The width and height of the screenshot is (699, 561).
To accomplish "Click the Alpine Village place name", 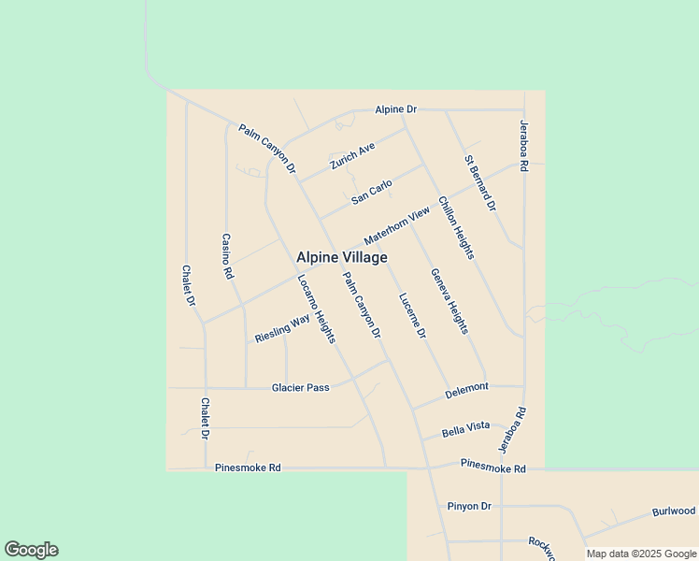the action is [342, 257].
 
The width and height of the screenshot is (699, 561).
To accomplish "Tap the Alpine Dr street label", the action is [395, 109].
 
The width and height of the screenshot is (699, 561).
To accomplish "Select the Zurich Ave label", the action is [352, 156].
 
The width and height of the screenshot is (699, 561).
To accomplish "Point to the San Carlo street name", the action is [372, 193].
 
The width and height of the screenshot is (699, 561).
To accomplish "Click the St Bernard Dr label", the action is [480, 182].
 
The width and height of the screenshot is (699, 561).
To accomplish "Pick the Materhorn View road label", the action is [397, 226].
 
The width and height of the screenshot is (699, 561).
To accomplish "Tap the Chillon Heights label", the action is [456, 228].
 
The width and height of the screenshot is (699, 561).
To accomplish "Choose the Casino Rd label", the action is [226, 257].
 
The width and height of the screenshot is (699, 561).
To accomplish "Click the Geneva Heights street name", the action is [449, 301].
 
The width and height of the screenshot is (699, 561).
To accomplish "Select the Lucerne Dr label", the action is [412, 316].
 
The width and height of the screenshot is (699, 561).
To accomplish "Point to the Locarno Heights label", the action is [316, 309].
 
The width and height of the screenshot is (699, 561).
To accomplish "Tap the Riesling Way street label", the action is [282, 329].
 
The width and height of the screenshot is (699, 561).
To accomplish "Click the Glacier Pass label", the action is [301, 387].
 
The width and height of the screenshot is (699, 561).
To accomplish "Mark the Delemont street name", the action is [466, 387].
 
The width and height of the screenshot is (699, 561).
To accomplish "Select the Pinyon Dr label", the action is [469, 506].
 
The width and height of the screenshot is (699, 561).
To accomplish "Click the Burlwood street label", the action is [674, 511].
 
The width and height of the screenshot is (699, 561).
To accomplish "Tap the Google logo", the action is [31, 550].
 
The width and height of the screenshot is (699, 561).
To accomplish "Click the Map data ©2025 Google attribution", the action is [641, 554].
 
